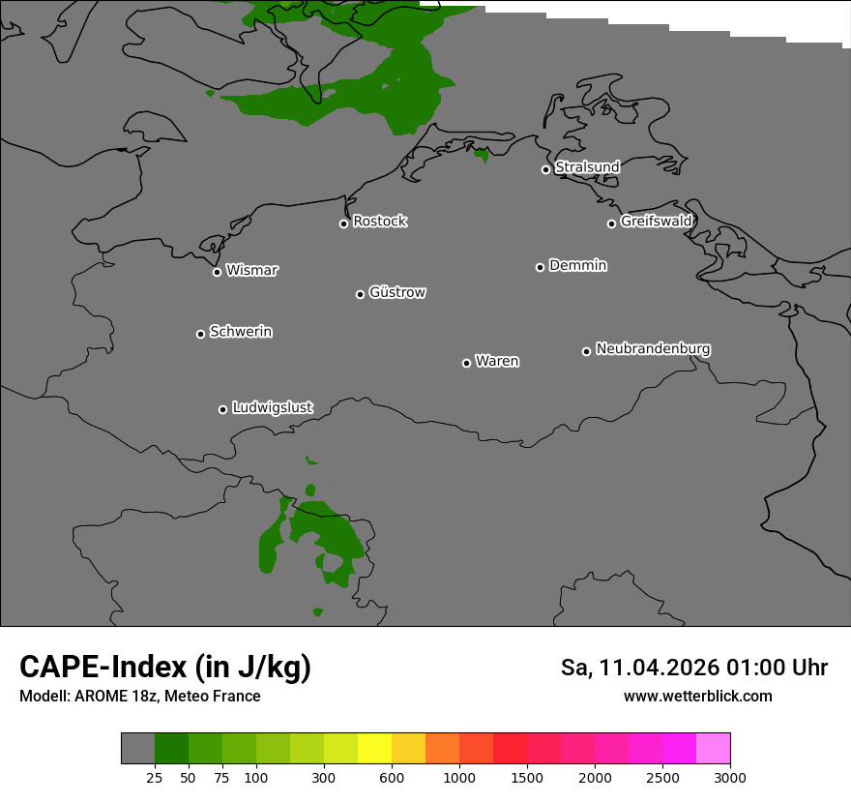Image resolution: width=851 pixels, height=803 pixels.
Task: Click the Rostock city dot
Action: coord(343,223)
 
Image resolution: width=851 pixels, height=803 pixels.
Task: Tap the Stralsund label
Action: coord(587,167)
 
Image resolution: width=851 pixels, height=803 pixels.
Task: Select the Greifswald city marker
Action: coord(611,223)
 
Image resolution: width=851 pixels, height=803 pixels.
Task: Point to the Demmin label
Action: coord(577,265)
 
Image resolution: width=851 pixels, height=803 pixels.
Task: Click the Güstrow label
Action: coord(397,292)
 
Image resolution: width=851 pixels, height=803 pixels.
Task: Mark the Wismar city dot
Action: coord(217,272)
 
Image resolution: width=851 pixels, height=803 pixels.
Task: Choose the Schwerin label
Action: coord(241,332)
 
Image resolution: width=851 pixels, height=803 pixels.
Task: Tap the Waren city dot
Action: coord(466,363)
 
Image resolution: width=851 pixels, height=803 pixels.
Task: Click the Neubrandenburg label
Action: coord(653,348)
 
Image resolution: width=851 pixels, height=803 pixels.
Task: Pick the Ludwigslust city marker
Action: coord(222,409)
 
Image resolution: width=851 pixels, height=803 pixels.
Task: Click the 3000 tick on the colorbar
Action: coord(730,778)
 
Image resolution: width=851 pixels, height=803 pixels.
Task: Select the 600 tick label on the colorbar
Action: coord(392,778)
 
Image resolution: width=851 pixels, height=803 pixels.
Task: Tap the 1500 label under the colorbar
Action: coord(527,778)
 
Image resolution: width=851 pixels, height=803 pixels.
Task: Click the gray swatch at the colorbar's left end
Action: coord(137,749)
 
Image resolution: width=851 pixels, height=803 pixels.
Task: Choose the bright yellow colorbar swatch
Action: coord(374,749)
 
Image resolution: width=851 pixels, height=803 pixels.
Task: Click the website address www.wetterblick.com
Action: coord(697,697)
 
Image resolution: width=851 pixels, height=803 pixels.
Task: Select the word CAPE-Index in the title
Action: coord(103,667)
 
